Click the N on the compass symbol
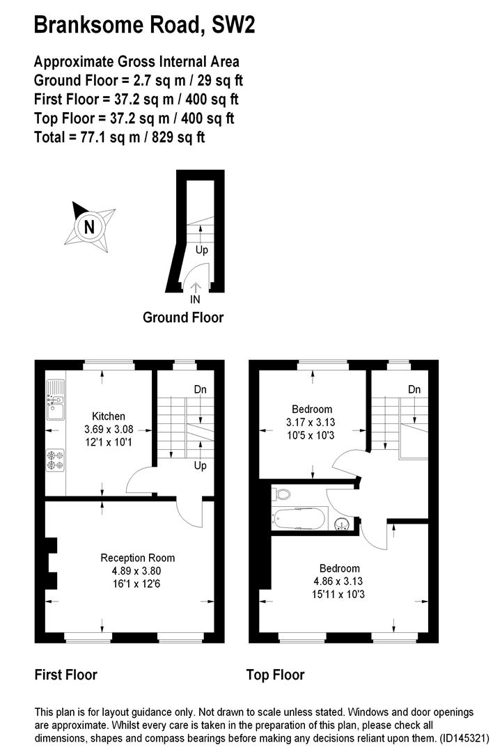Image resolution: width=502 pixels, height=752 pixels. pyautogui.click(x=88, y=226)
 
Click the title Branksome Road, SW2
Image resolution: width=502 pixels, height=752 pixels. pyautogui.click(x=144, y=26)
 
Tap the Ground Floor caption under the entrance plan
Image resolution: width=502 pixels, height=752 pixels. pyautogui.click(x=183, y=318)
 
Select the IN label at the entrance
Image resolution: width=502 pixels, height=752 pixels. pyautogui.click(x=195, y=300)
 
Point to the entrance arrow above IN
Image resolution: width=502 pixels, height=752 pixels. pyautogui.click(x=196, y=287)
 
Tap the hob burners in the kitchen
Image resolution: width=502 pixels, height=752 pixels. pyautogui.click(x=55, y=460)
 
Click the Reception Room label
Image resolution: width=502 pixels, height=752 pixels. pyautogui.click(x=138, y=558)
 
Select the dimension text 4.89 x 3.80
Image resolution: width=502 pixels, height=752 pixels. pyautogui.click(x=138, y=570)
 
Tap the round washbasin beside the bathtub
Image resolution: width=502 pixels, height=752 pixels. pyautogui.click(x=340, y=525)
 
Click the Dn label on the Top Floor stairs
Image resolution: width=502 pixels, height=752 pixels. pyautogui.click(x=415, y=389)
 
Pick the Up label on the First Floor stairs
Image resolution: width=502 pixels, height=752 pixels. pyautogui.click(x=200, y=466)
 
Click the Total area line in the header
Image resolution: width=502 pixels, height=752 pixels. pyautogui.click(x=119, y=136)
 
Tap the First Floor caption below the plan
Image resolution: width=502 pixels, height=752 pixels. pyautogui.click(x=66, y=675)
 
